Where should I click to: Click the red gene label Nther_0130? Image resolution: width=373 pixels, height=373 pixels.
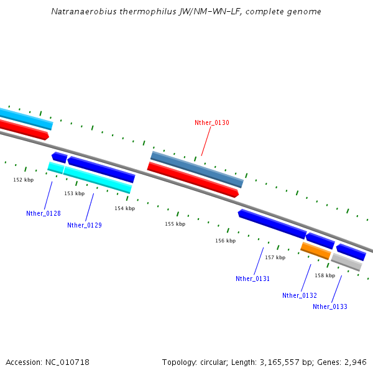point(211,123)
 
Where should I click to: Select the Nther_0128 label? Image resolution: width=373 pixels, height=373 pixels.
point(44,213)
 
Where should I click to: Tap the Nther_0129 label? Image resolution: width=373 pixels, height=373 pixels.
point(85,225)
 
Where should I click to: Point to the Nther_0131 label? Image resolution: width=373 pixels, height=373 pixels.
point(252,279)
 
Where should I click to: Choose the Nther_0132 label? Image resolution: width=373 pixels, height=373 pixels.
point(300,295)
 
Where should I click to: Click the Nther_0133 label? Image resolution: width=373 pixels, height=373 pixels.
point(330,306)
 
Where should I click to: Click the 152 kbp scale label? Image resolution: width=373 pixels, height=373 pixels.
point(24,180)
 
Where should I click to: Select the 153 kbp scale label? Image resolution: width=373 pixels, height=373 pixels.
point(74,193)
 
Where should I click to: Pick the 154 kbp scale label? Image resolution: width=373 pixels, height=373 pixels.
point(124,208)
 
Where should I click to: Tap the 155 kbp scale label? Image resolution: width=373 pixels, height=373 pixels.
point(175,224)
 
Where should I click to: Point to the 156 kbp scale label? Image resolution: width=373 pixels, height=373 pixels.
point(225,241)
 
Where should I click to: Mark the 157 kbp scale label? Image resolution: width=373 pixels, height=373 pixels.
point(275,257)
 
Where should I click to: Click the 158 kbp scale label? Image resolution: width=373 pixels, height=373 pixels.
point(325,275)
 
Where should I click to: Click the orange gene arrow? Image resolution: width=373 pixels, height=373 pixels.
point(316,251)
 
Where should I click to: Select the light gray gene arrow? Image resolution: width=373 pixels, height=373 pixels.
point(346,262)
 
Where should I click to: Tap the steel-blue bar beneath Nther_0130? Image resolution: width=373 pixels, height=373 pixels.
point(196,169)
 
